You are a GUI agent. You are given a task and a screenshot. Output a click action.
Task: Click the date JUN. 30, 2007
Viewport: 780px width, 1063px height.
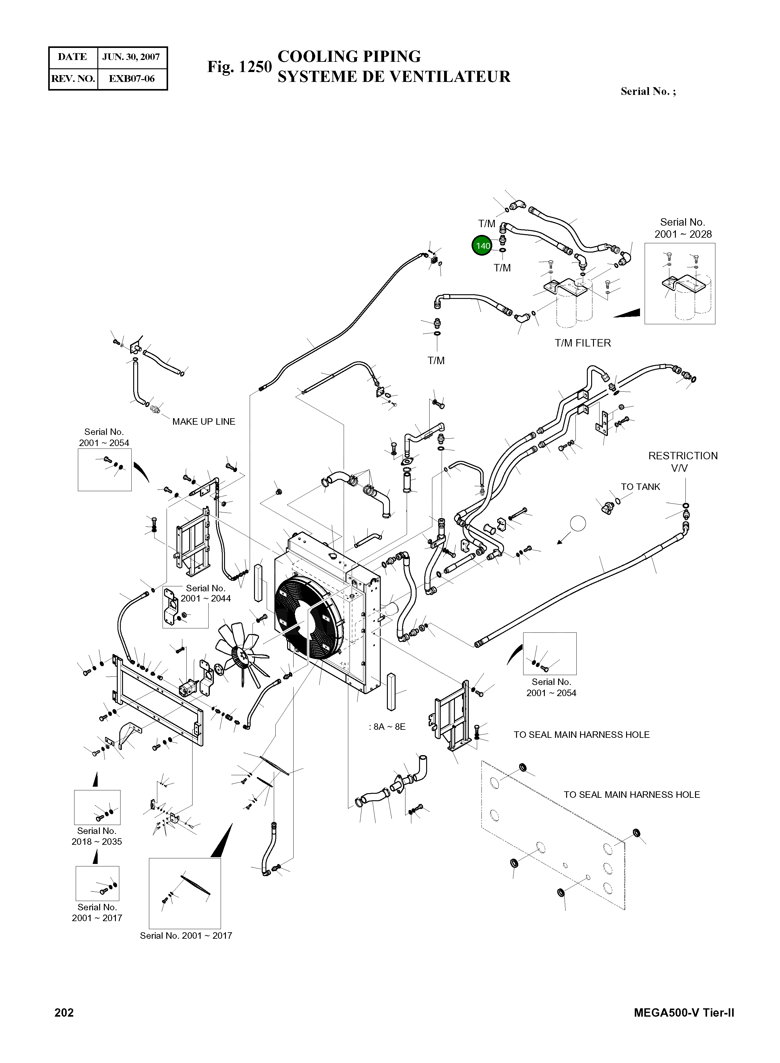tap(131, 57)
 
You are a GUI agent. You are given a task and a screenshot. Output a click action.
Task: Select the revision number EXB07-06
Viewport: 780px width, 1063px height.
tap(132, 79)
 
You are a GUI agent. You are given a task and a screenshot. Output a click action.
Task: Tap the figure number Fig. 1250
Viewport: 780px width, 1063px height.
tap(240, 67)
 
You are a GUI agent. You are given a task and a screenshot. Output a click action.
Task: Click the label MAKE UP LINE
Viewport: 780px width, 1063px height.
tap(204, 422)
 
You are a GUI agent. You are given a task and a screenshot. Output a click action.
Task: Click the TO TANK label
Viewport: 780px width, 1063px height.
tap(640, 487)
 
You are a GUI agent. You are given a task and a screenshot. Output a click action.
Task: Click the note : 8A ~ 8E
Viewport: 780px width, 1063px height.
tap(387, 727)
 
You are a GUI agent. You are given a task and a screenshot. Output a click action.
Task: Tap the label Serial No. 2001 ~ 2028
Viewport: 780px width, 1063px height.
tap(683, 228)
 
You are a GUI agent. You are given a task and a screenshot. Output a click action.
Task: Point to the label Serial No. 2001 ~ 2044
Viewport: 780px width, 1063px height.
tap(206, 593)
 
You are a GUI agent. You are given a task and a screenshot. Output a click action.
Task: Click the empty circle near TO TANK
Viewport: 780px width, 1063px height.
tap(578, 523)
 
